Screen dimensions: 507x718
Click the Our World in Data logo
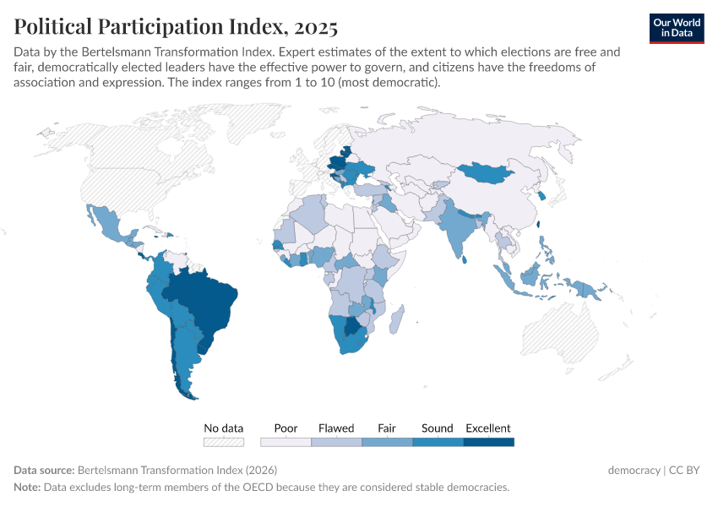677,28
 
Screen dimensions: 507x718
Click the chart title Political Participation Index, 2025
176,27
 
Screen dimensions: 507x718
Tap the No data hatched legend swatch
224,442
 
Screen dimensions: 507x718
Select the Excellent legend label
488,428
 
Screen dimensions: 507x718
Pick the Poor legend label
286,428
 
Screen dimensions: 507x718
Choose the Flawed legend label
336,428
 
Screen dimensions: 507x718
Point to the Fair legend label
387,428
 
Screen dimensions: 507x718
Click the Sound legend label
438,428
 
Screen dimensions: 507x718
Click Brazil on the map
207,304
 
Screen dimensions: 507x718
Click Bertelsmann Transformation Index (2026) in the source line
177,471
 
